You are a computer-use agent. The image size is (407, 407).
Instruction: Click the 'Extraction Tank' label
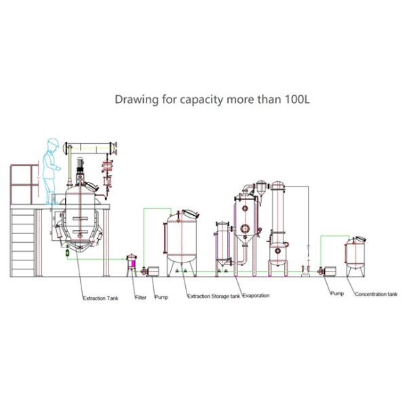(x=100, y=298)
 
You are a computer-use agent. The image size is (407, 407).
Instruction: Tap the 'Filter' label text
(x=140, y=298)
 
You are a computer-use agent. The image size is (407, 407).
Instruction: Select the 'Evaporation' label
(x=256, y=295)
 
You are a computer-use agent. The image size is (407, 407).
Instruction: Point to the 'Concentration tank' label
(x=376, y=294)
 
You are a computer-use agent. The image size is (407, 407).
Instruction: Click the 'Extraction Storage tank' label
(x=214, y=296)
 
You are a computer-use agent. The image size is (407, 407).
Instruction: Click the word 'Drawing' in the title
(x=136, y=100)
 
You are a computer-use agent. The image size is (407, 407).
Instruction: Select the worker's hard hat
(x=53, y=142)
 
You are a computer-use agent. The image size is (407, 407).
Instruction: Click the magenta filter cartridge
(x=134, y=263)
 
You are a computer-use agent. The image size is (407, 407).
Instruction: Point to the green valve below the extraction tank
(x=67, y=252)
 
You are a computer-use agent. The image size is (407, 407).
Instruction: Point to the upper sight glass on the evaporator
(x=245, y=208)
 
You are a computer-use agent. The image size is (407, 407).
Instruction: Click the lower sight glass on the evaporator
(x=245, y=229)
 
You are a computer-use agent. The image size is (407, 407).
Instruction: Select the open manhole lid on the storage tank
(x=191, y=214)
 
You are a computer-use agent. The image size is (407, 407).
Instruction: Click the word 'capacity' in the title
(x=201, y=100)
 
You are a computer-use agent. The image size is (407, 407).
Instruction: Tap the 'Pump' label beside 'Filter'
(x=161, y=297)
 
